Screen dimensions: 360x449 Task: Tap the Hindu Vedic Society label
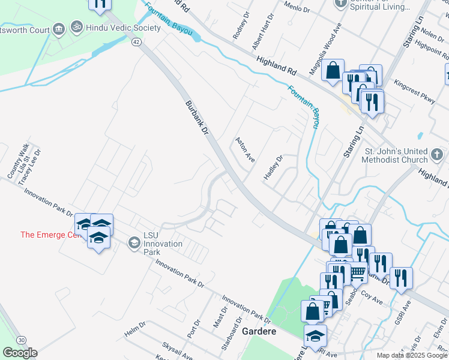[115, 27]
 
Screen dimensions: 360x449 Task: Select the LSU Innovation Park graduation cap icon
[133, 242]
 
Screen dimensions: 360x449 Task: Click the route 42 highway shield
[137, 41]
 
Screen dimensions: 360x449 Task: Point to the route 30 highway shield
[22, 340]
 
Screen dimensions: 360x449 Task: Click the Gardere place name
[258, 331]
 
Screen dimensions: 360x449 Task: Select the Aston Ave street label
[246, 149]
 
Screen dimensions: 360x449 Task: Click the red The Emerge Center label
[50, 235]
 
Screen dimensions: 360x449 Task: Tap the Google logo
[20, 353]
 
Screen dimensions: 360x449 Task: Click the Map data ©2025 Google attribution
[412, 355]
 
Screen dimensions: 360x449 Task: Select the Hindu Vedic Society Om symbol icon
[77, 27]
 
